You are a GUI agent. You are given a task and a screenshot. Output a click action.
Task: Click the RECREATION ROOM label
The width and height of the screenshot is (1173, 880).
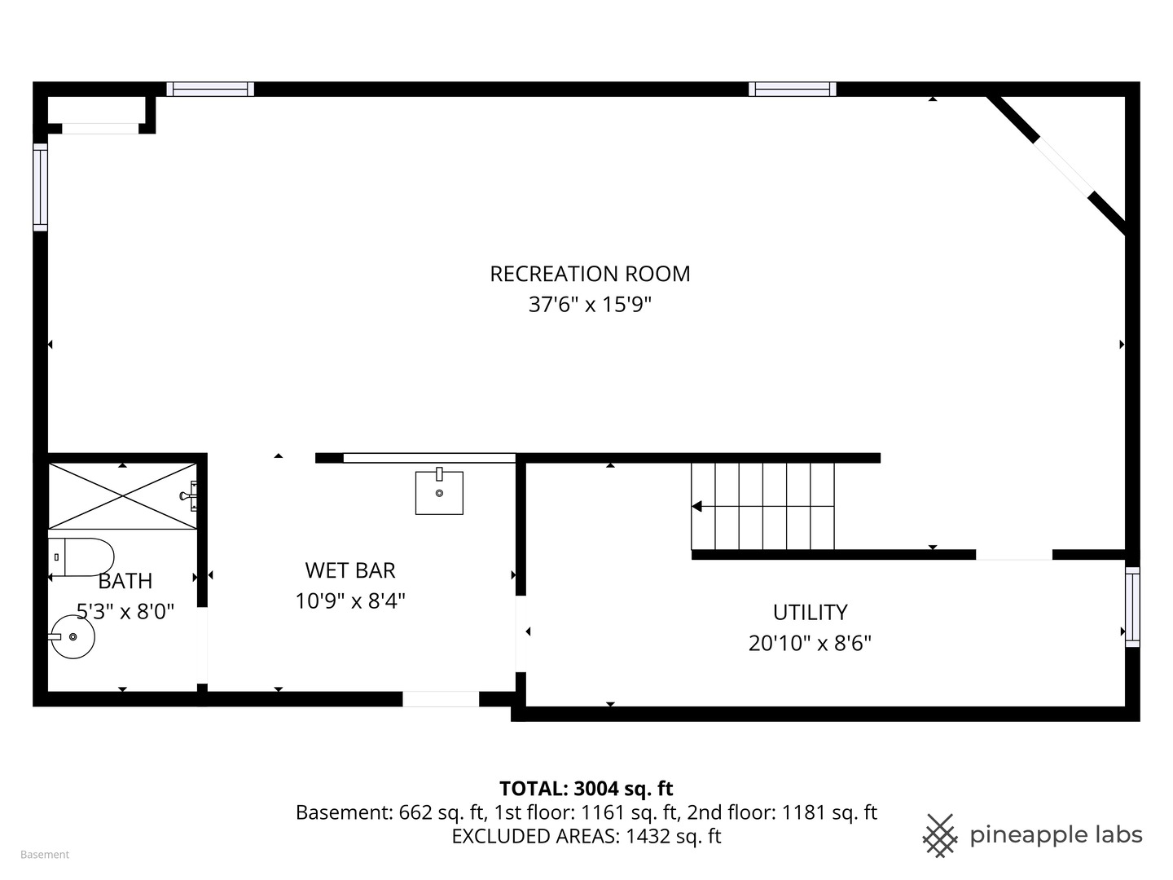pyautogui.click(x=590, y=274)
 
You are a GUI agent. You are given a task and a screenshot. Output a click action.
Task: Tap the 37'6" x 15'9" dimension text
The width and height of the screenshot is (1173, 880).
pyautogui.click(x=590, y=305)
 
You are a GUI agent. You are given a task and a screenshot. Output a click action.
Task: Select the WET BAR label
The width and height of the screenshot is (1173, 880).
pyautogui.click(x=350, y=570)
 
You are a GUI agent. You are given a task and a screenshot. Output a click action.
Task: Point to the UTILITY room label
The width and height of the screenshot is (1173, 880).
pyautogui.click(x=811, y=612)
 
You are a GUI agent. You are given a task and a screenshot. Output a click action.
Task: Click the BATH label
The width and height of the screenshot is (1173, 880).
pyautogui.click(x=125, y=581)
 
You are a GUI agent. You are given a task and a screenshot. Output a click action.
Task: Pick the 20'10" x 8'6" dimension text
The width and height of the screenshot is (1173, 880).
pyautogui.click(x=811, y=643)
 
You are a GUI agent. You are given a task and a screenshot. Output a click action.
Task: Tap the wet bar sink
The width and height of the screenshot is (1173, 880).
pyautogui.click(x=439, y=492)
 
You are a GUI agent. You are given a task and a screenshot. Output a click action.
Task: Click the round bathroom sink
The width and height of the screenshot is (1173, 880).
pyautogui.click(x=72, y=636)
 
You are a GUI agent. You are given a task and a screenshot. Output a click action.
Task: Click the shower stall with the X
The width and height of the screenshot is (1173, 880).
pyautogui.click(x=122, y=496)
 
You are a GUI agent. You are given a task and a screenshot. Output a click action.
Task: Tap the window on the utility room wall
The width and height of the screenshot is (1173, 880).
pyautogui.click(x=1132, y=607)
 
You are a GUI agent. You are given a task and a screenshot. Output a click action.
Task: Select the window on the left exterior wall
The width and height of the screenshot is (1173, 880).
pyautogui.click(x=40, y=187)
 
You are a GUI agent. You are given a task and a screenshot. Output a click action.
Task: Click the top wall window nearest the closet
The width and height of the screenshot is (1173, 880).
pyautogui.click(x=210, y=90)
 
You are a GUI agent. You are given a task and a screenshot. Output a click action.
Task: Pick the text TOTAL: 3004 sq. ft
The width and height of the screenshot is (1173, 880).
pyautogui.click(x=586, y=788)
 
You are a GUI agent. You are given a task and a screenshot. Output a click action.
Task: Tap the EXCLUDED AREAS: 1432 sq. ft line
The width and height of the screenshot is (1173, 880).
pyautogui.click(x=586, y=836)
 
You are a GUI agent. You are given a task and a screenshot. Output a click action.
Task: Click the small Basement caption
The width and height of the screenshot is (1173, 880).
pyautogui.click(x=45, y=855)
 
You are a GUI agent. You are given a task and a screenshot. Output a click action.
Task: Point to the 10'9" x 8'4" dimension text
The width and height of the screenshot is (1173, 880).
pyautogui.click(x=350, y=601)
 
